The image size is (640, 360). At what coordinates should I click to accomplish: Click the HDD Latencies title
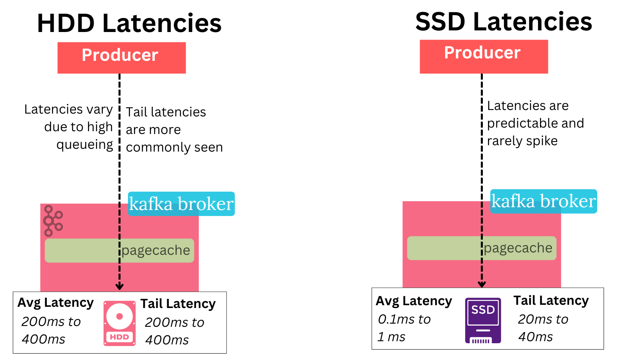[129, 23]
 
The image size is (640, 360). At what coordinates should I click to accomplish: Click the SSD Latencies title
[503, 22]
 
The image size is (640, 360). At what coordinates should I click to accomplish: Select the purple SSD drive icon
[483, 320]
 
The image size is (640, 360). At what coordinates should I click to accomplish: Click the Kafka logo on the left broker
[53, 221]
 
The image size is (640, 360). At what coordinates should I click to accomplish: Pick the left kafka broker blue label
[181, 204]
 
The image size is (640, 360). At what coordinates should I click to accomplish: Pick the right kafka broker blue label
[543, 201]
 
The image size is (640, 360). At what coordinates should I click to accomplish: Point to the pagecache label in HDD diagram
[156, 250]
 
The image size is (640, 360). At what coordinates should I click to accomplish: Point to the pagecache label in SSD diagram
[518, 248]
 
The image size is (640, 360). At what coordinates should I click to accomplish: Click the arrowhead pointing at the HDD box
[119, 286]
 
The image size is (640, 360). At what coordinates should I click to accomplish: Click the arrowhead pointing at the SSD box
[482, 284]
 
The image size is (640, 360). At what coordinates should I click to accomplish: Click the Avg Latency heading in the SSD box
[414, 301]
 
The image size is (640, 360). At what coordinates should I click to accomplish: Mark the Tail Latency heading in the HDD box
[178, 304]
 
